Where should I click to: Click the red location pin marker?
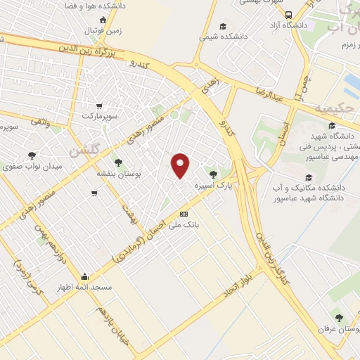click(181, 165)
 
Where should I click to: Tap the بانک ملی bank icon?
click(184, 214)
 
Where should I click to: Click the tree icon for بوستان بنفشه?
click(117, 162)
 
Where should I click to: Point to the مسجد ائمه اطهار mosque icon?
click(85, 276)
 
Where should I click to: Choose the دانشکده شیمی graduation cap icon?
click(223, 25)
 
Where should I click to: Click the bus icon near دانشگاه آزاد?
click(288, 15)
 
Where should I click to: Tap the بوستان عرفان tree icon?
click(341, 318)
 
